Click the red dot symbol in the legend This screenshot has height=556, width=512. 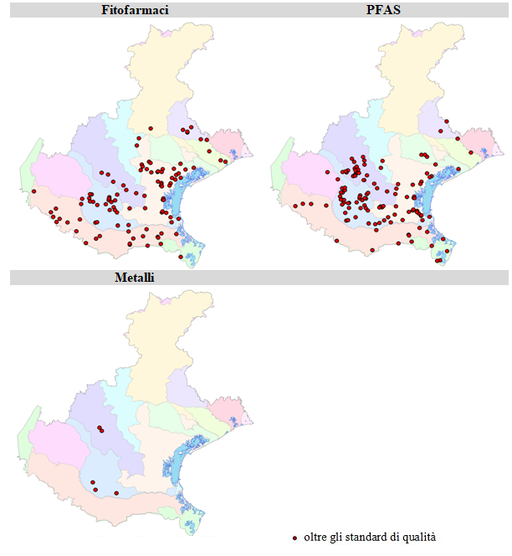pyautogui.click(x=294, y=538)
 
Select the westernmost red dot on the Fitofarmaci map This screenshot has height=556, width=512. pyautogui.click(x=34, y=191)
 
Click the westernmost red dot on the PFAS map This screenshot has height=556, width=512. pyautogui.click(x=295, y=205)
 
